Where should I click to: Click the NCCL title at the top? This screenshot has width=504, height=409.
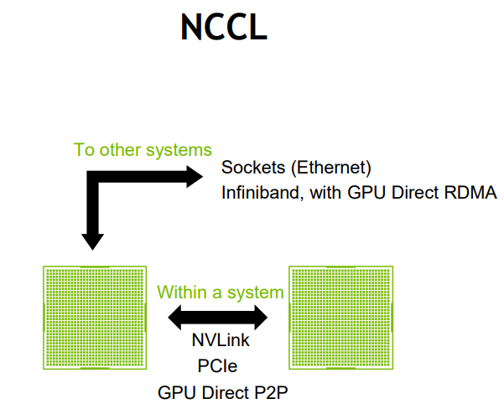223,28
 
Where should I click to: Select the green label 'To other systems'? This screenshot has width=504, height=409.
143,151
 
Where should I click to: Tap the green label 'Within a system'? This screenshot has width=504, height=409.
221,293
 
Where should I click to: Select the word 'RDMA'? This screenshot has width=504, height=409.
472,193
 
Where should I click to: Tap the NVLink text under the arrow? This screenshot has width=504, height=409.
221,341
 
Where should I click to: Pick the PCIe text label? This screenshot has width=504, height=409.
221,366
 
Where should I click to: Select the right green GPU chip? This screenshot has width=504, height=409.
340,318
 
